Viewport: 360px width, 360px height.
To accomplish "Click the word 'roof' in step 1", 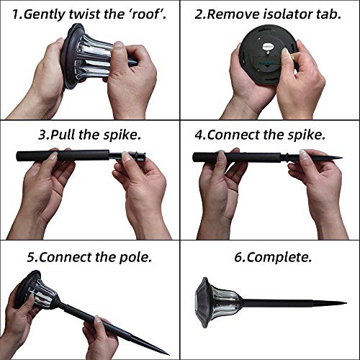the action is coord(145,14).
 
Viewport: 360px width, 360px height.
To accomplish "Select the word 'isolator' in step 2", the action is coord(287,14).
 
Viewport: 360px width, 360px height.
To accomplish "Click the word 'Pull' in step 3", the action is coord(63,135).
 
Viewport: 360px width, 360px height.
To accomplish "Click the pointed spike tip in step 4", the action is coord(341,158).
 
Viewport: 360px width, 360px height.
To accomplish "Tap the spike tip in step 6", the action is coord(346,303).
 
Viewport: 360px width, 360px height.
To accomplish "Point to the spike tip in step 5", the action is coord(168,354).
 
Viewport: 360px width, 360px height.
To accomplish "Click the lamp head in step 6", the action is coord(218,302).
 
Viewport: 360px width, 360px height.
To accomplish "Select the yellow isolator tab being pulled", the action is coord(293,57).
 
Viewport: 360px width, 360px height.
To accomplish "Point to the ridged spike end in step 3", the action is coord(139,156).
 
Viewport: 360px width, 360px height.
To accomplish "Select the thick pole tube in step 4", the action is coord(237,158).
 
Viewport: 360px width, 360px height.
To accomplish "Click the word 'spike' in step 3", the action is coord(122,135).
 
